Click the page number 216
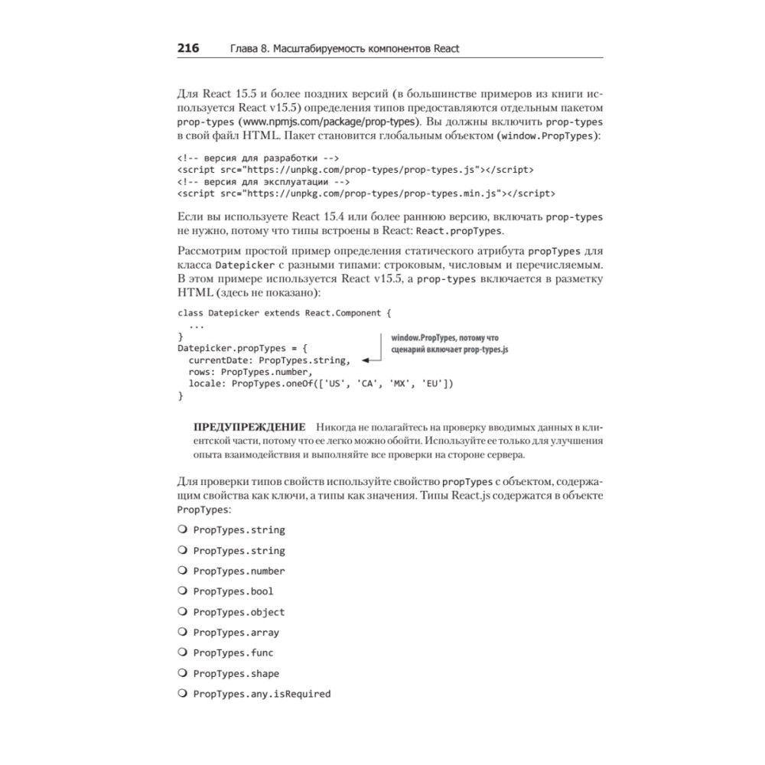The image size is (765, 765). [x=188, y=49]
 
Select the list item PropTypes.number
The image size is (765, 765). [x=239, y=571]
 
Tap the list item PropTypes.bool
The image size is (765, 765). [x=233, y=591]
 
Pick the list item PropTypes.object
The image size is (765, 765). [x=239, y=612]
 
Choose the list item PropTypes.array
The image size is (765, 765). [x=236, y=633]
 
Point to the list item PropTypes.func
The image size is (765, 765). [x=233, y=653]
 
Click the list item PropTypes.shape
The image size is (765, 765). [x=236, y=673]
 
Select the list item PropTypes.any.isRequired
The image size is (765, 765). [x=262, y=694]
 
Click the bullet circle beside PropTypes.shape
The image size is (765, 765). [x=182, y=673]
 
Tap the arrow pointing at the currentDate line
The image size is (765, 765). [x=372, y=360]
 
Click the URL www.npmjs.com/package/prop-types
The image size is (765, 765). [x=330, y=122]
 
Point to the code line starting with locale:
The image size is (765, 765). [x=316, y=383]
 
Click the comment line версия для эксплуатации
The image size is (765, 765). [x=264, y=182]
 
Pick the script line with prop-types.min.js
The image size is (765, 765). [x=366, y=194]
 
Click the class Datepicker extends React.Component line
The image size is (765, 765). [x=284, y=313]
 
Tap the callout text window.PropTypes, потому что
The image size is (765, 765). [x=444, y=337]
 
